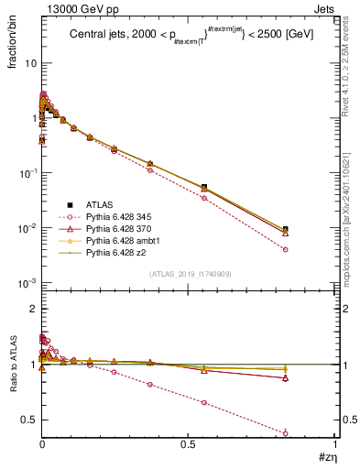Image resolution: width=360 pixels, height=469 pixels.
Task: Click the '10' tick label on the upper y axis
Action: tap(29, 63)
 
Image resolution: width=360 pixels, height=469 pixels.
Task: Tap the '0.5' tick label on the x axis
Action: tap(188, 444)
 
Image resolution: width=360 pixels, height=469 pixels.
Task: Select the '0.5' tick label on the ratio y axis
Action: tap(27, 420)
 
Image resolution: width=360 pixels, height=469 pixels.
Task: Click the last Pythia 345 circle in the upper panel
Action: tap(311, 249)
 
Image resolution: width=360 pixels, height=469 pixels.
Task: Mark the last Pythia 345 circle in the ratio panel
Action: tap(311, 433)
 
